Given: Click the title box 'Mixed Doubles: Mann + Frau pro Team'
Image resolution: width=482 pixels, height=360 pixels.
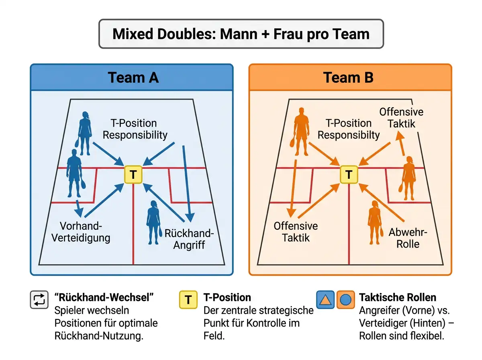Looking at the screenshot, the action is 241,34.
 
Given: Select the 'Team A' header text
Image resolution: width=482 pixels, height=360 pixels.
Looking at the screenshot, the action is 133,78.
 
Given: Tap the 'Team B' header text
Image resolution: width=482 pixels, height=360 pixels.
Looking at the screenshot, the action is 348,78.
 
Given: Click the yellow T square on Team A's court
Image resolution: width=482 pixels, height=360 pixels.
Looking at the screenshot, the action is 133,175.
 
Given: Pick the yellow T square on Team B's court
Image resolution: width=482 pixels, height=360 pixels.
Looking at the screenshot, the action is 349,175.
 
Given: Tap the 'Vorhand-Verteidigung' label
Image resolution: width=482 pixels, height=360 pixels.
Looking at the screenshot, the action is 81,232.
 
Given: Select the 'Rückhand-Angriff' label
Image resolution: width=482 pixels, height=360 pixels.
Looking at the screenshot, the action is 189,239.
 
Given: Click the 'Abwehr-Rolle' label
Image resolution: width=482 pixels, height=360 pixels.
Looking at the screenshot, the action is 408,238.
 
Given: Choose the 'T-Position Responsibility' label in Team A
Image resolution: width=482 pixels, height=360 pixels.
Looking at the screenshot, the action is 135,129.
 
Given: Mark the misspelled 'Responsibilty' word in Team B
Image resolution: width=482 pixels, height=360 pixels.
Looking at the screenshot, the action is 349,135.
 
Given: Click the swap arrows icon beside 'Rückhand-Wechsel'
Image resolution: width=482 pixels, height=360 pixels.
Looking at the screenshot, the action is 39,300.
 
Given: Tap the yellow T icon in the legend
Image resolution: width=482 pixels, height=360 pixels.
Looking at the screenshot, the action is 188,300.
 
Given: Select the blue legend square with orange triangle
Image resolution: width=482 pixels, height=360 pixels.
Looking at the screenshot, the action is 325,300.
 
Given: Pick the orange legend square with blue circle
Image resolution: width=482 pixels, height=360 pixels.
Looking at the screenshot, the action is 346,300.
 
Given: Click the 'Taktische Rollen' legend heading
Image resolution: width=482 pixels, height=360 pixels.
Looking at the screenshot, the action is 398,298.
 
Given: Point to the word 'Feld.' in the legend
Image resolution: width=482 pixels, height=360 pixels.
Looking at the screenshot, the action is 214,336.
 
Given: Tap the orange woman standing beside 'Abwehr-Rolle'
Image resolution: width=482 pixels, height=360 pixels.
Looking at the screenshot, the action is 376,222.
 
